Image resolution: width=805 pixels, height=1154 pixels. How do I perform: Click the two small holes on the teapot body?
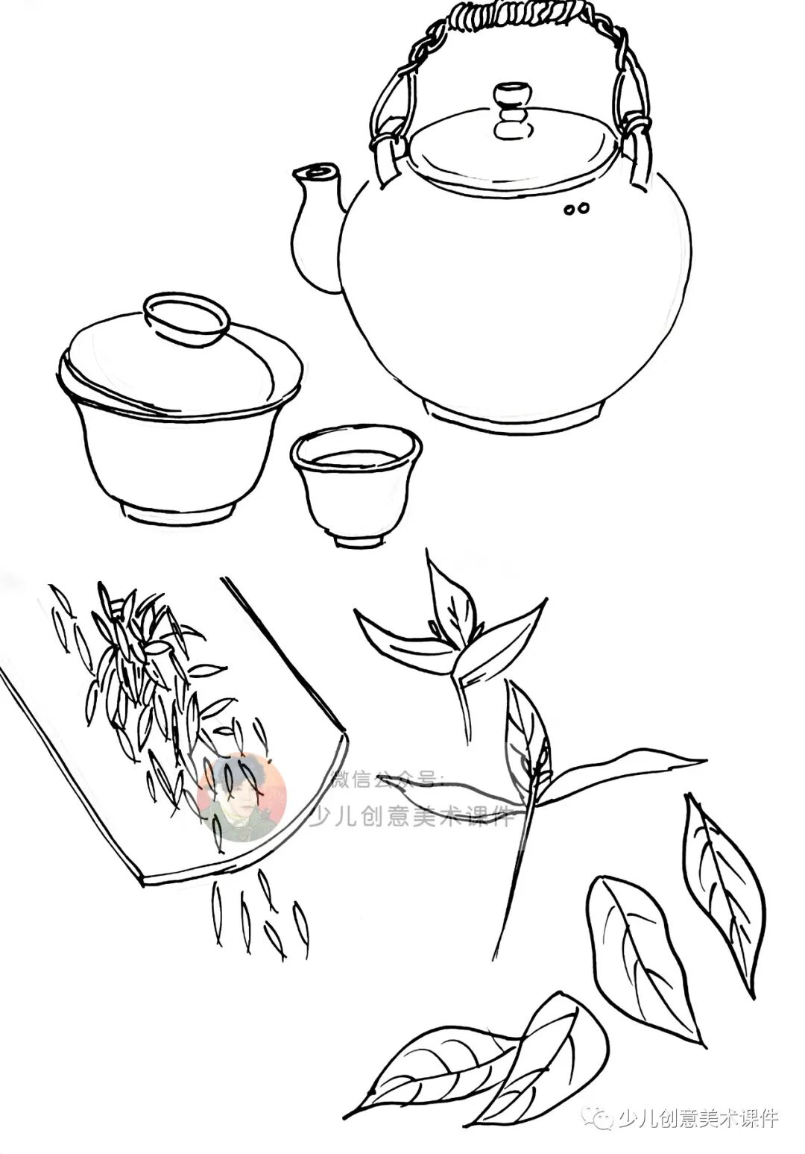click(x=576, y=209)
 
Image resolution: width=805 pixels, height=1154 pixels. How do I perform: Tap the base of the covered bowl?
click(x=177, y=512)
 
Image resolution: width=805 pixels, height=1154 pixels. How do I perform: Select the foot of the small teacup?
click(x=359, y=541)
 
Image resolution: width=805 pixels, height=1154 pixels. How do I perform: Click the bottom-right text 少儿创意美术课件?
click(x=697, y=1117)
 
